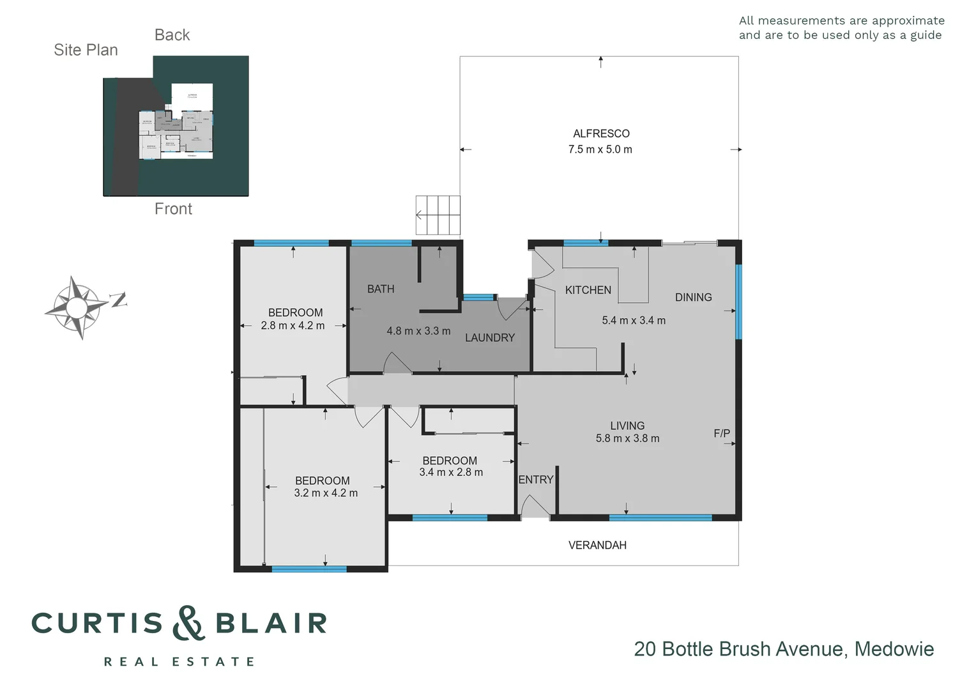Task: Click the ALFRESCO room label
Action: (601, 134)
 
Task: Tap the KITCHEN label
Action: (588, 290)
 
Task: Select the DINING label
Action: (693, 297)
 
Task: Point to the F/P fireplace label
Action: (722, 433)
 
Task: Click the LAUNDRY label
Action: (489, 337)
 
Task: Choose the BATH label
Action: (381, 289)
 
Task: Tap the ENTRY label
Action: (535, 480)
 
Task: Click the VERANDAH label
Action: (597, 545)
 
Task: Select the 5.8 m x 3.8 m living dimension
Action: (627, 438)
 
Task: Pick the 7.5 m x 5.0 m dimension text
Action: (600, 149)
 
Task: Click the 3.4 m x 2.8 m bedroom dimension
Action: (451, 472)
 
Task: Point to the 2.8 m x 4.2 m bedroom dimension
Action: (293, 326)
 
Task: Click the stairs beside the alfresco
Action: (438, 215)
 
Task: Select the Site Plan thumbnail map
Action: (176, 126)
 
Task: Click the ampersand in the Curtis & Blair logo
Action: (188, 623)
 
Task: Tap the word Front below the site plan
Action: (173, 209)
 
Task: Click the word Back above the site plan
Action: (172, 35)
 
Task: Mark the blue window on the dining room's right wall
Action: (738, 302)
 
